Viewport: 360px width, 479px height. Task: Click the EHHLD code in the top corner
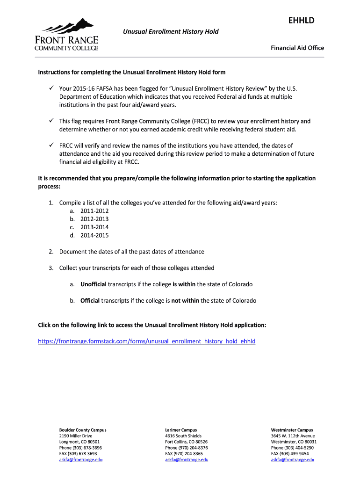click(x=302, y=20)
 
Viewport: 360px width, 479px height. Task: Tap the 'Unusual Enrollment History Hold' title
click(x=171, y=31)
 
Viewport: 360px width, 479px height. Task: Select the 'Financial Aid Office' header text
click(x=297, y=48)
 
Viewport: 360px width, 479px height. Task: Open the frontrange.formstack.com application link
click(x=146, y=341)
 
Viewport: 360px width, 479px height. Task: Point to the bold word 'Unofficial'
click(x=94, y=284)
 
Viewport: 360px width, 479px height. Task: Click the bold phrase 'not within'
click(x=185, y=301)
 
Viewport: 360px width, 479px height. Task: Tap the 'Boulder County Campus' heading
click(x=83, y=430)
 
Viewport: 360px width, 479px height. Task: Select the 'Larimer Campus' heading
click(x=181, y=430)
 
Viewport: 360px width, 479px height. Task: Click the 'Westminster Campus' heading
click(x=292, y=430)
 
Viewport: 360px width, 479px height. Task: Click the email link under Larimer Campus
click(x=187, y=460)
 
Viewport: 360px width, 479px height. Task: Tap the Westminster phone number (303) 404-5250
click(x=292, y=448)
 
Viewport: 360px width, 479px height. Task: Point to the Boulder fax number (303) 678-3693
click(x=78, y=454)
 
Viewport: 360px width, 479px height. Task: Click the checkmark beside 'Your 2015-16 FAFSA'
click(x=50, y=88)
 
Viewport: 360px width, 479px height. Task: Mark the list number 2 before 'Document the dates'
click(x=50, y=252)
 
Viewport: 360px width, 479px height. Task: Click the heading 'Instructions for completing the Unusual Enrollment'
click(x=131, y=73)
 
